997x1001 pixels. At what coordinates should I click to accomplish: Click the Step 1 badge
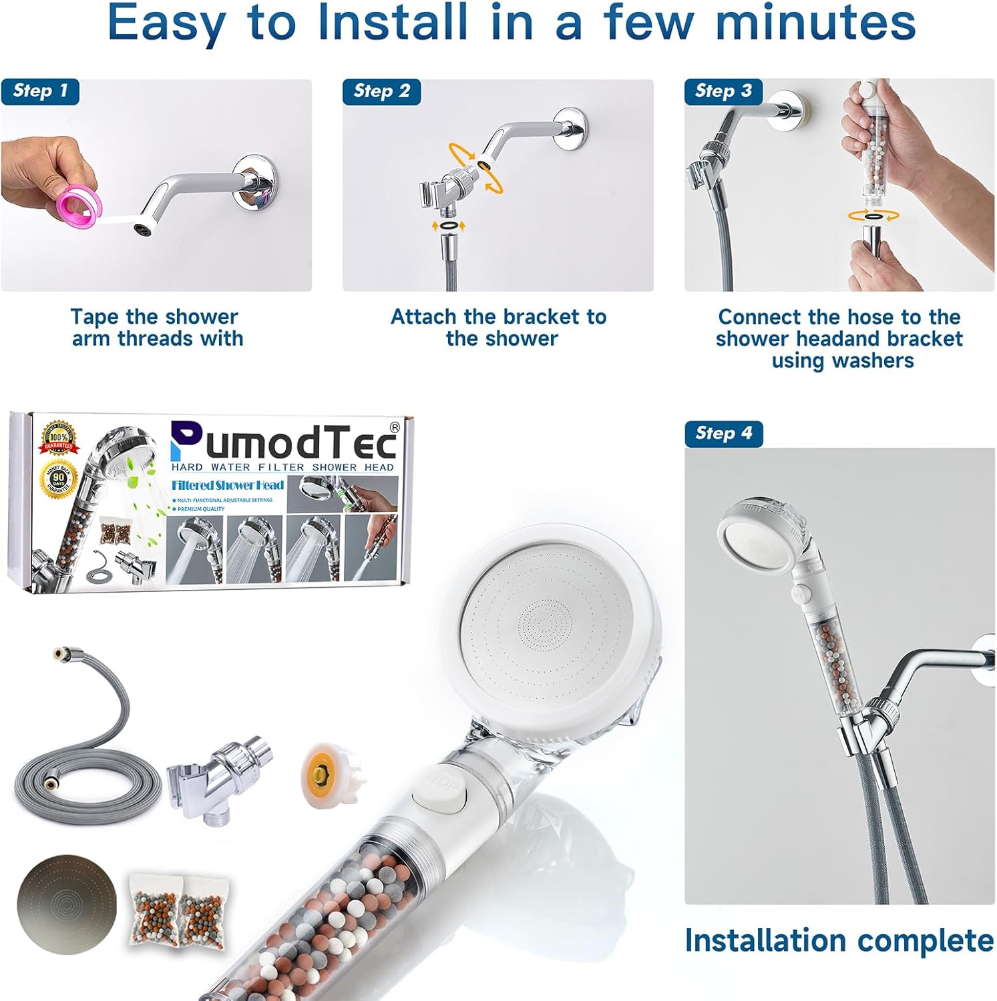pyautogui.click(x=40, y=91)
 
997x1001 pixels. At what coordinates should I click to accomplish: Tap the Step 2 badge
pyautogui.click(x=381, y=91)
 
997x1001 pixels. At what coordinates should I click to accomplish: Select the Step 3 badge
pyautogui.click(x=723, y=91)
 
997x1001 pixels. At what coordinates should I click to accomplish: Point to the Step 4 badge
pyautogui.click(x=723, y=434)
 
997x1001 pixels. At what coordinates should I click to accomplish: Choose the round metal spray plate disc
pyautogui.click(x=67, y=905)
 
